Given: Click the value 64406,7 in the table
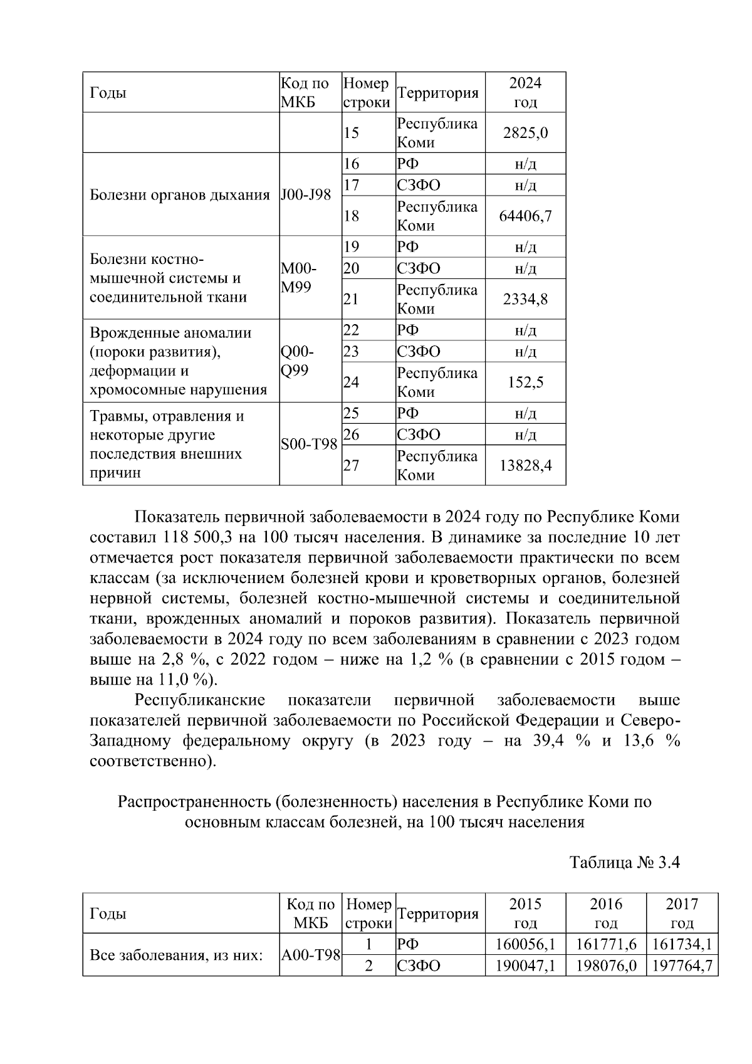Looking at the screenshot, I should point(525,216).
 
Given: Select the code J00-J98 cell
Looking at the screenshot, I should point(306,194).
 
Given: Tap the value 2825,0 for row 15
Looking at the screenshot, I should point(525,133).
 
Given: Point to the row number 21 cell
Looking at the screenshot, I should point(352,299).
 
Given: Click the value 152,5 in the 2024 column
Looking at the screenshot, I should point(525,382).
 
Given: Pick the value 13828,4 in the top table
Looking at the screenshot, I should point(525,465).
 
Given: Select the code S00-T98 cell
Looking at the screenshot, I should point(309,444).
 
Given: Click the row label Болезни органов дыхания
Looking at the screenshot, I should point(180,194).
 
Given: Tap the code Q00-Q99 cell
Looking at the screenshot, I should point(298,361).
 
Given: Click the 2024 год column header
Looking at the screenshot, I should point(525,93).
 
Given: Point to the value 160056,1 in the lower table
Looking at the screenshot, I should point(525,944).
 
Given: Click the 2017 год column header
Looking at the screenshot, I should point(681,913).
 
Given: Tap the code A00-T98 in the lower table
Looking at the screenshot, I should point(310,955).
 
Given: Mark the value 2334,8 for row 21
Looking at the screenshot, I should point(525,299).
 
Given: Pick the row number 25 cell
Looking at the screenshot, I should point(352,413).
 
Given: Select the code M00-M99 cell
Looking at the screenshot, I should point(300,278).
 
